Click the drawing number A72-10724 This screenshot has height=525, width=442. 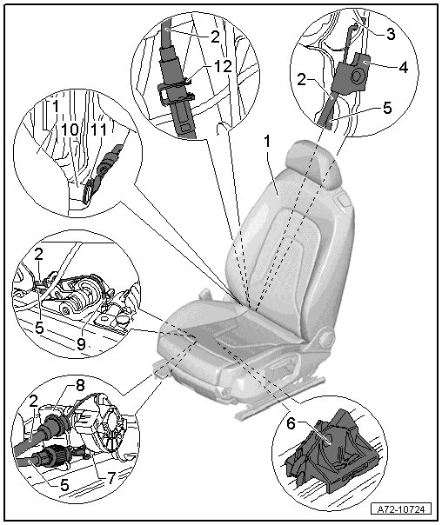401,509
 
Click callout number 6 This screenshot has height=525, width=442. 291,424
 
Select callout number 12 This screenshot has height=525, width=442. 224,67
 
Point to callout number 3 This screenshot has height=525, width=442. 391,34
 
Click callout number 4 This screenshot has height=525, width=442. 404,67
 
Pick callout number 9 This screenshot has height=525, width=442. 81,343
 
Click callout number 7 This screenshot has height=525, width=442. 110,477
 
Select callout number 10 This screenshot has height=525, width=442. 70,130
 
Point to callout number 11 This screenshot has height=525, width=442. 99,130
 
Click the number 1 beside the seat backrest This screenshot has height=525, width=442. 267,142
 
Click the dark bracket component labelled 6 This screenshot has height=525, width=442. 331,449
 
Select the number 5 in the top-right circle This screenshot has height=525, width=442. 386,108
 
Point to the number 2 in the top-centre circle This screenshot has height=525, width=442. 215,37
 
